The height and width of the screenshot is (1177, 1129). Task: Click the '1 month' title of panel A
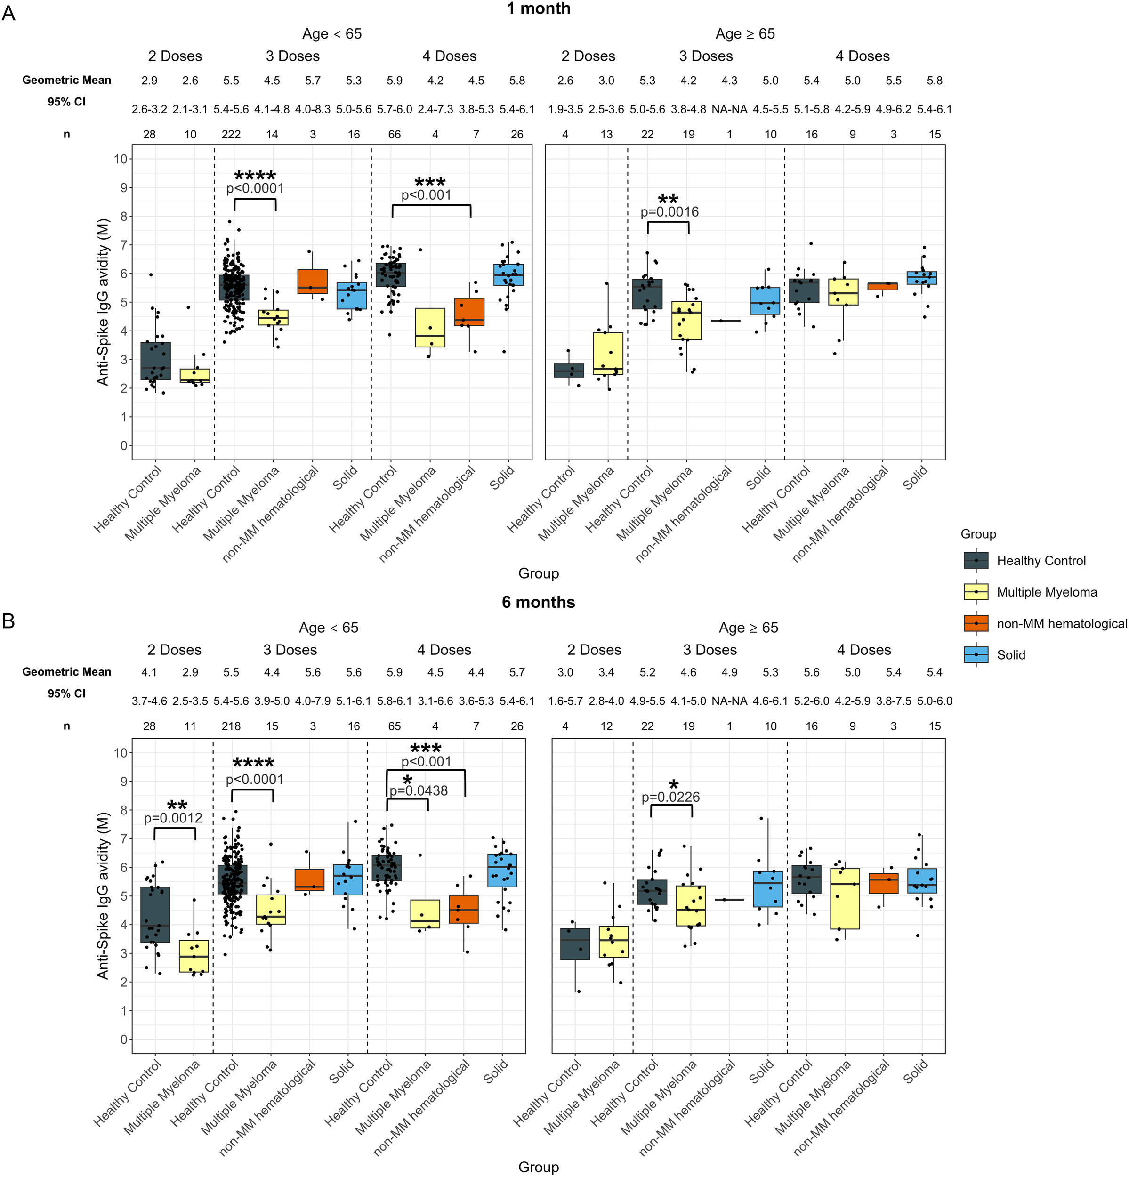coord(538,9)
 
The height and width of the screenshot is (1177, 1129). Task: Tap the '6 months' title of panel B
coord(538,602)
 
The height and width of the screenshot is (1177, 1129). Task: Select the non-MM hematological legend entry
coord(1061,624)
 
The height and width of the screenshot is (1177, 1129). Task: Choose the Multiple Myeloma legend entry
coord(1046,592)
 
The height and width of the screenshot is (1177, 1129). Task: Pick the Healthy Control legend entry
coord(1040,561)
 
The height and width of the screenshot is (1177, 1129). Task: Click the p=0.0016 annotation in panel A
coord(669,212)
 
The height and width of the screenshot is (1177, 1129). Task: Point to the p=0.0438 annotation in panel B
coord(419,791)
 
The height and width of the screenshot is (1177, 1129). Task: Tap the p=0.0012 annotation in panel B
coord(173,818)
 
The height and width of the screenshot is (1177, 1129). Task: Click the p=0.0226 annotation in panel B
coord(671,798)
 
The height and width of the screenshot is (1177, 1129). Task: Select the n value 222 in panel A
coord(231,135)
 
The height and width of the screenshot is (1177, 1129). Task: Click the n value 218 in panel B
coord(231,726)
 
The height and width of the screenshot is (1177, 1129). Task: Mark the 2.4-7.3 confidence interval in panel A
coord(435,109)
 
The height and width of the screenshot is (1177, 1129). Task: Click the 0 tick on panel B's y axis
coord(124,1040)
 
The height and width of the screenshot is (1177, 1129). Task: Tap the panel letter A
coord(8,13)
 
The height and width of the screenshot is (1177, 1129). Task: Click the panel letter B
coord(8,621)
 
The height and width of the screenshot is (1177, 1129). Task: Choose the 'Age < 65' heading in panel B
coord(329,628)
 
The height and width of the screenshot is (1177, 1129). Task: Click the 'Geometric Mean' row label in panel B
coord(67,672)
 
